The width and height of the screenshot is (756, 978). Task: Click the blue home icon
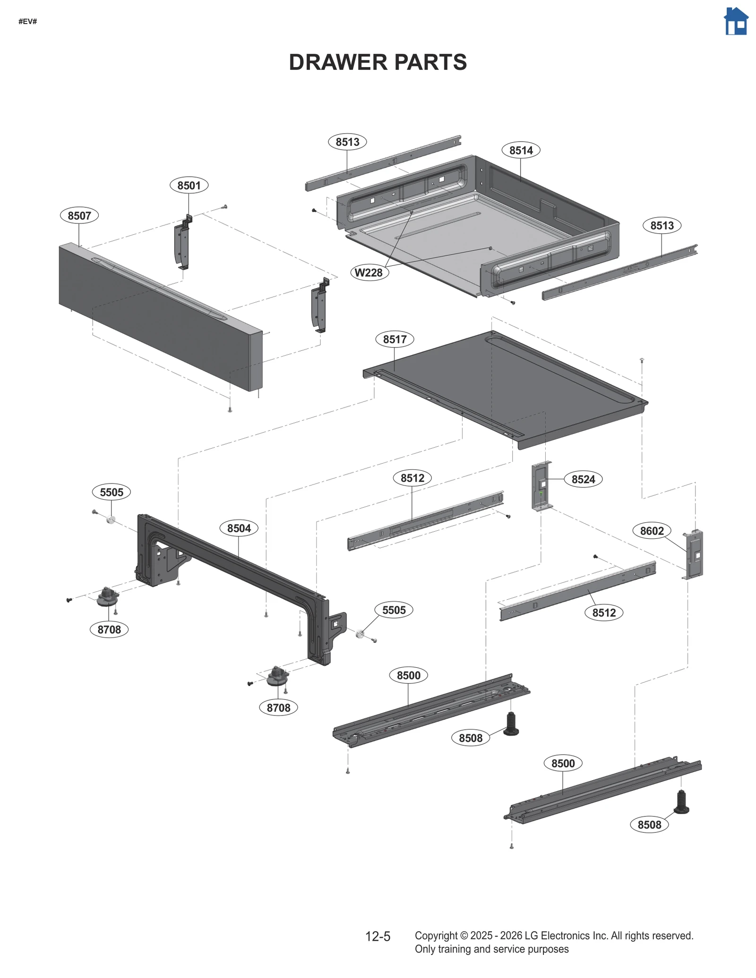[736, 21]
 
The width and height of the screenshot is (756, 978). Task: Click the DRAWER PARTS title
[378, 62]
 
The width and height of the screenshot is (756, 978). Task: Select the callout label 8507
[79, 216]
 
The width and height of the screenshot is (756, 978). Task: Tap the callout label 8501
[189, 186]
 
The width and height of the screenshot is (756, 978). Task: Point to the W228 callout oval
[369, 272]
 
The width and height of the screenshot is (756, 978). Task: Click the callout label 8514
[521, 150]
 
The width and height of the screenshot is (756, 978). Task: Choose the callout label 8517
[395, 339]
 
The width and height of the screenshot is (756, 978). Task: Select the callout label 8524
[583, 479]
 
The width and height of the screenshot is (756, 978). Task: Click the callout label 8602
[652, 531]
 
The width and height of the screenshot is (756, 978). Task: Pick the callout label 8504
[239, 528]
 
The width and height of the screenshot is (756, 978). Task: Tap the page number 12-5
[378, 936]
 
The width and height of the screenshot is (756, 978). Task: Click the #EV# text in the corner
[27, 22]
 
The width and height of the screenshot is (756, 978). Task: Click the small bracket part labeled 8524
[541, 486]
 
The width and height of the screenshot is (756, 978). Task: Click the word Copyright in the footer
[436, 935]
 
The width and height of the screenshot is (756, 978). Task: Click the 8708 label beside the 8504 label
[109, 629]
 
